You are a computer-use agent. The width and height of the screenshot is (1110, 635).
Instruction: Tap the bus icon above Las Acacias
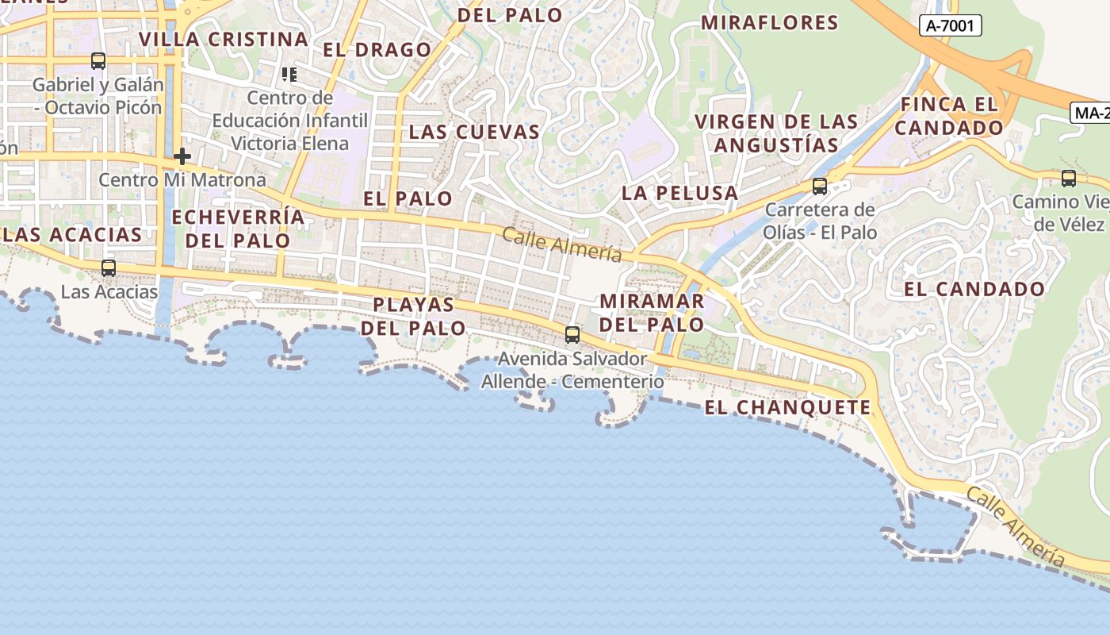109,268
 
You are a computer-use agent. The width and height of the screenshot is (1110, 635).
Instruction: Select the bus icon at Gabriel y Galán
98,60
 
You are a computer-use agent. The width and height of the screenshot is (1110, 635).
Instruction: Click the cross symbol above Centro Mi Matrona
182,156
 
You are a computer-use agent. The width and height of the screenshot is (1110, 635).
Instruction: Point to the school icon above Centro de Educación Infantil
289,75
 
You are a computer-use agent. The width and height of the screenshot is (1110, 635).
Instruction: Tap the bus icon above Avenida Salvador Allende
572,334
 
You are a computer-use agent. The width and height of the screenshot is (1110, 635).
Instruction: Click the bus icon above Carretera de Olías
820,187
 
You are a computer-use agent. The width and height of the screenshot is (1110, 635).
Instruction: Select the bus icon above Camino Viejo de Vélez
1069,179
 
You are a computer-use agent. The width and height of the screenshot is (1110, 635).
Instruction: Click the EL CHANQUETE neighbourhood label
787,408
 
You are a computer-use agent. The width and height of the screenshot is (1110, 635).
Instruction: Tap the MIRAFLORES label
769,23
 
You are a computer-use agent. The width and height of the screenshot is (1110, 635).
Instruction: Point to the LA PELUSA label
679,193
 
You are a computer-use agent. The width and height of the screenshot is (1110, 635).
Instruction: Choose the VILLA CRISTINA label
224,39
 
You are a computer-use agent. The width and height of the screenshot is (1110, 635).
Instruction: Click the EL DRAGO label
377,50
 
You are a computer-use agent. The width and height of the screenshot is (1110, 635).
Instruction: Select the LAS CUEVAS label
474,132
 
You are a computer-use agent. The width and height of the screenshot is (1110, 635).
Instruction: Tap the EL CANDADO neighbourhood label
974,290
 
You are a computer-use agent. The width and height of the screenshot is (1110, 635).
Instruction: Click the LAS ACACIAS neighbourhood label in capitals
72,235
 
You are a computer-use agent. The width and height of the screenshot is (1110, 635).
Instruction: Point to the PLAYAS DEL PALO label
413,316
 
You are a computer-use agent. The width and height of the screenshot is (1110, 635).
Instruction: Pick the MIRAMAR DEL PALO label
652,313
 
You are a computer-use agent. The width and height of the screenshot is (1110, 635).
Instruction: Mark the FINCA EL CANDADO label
951,116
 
